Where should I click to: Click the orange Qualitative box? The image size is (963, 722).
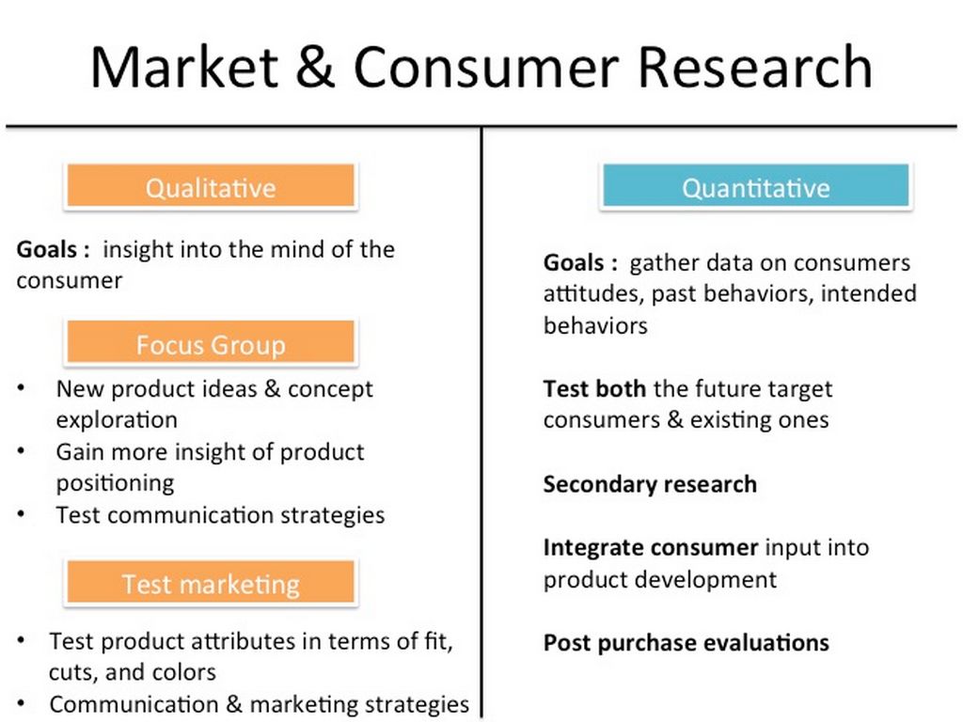211,185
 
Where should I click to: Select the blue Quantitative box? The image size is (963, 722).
755,185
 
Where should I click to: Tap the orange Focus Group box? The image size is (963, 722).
211,342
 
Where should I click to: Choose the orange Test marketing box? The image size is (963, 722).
211,582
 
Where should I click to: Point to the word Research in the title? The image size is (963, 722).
755,67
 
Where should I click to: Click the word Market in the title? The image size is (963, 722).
184,67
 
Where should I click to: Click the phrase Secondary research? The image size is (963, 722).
650,484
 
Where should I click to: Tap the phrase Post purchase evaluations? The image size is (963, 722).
686,643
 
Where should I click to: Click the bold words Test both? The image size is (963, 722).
594,388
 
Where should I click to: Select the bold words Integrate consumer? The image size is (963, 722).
651,548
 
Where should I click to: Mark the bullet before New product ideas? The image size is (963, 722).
22,388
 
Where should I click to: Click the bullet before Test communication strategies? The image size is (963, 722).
22,514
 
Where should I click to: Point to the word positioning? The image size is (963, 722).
116,483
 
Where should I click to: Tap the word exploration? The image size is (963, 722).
117,420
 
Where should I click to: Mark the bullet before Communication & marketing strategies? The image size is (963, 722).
22,703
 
